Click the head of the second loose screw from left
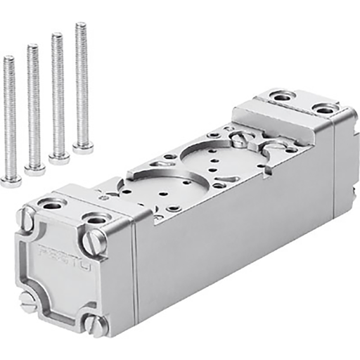pyautogui.click(x=34, y=169)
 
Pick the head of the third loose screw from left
pyautogui.click(x=58, y=157)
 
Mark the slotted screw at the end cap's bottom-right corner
pyautogui.click(x=96, y=323)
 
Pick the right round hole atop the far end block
pyautogui.click(x=324, y=109)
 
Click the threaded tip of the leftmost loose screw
pyautogui.click(x=8, y=59)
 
